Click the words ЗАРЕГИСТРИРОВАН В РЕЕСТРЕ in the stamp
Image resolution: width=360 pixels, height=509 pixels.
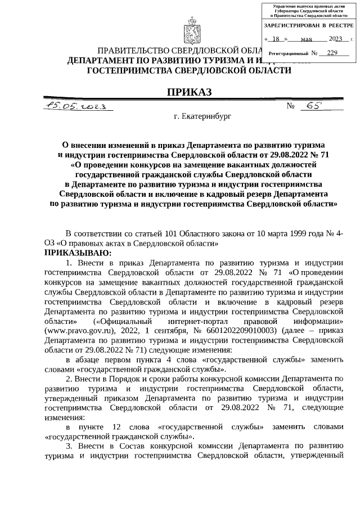click(309, 26)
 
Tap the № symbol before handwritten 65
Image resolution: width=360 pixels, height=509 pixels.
click(291, 107)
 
